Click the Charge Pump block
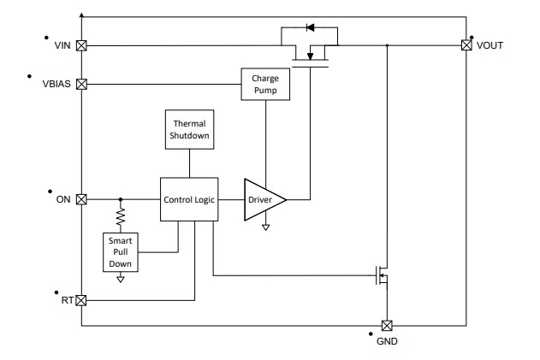[264, 84]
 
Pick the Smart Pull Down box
[120, 252]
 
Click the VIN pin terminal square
[81, 45]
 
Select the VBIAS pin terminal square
[81, 84]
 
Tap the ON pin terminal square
[81, 199]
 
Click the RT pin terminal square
[81, 300]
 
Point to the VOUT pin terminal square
[466, 44]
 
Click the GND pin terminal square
[386, 325]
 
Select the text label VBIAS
[56, 84]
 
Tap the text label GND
[386, 342]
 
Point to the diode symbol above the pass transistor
[310, 27]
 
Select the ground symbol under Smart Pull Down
[120, 278]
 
